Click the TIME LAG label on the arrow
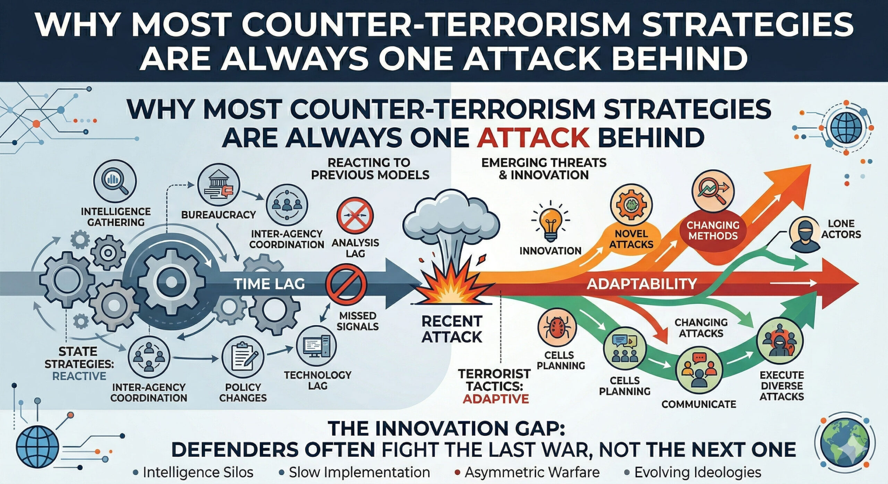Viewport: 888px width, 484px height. tap(270, 284)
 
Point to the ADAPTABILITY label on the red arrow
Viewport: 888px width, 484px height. tap(642, 284)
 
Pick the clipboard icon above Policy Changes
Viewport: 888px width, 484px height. tap(242, 360)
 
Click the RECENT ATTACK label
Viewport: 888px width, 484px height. tap(452, 329)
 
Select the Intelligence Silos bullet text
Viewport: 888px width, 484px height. tap(198, 472)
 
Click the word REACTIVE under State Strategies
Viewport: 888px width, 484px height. tap(79, 376)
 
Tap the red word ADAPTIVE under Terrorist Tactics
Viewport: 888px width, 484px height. tap(496, 399)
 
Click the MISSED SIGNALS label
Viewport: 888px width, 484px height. tap(358, 321)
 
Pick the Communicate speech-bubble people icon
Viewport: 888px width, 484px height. tap(699, 371)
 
